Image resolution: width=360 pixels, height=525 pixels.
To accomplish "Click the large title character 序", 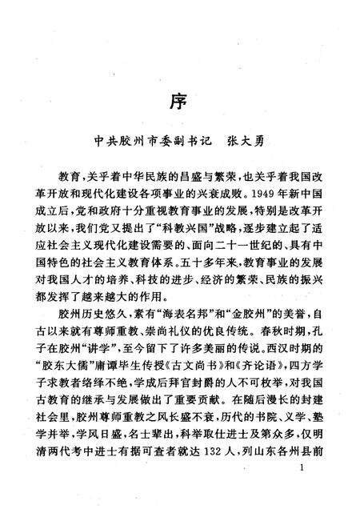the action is point(180,102).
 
